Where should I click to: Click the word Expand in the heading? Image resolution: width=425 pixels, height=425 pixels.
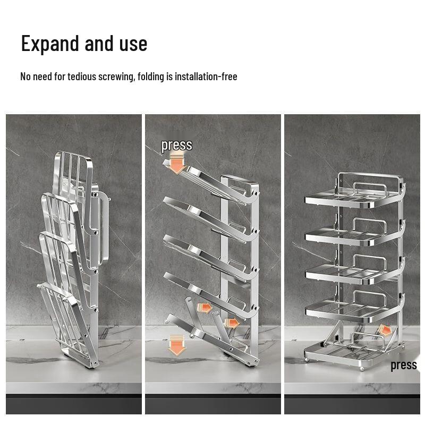(x=48, y=44)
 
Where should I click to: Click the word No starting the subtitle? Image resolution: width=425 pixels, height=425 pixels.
(x=25, y=76)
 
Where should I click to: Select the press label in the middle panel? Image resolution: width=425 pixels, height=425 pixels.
(x=176, y=145)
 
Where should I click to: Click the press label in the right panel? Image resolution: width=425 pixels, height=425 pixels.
(x=403, y=365)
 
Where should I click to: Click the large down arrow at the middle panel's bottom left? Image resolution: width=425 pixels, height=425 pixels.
(x=176, y=347)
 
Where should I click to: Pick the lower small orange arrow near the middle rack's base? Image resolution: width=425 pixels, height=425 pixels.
(x=231, y=322)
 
